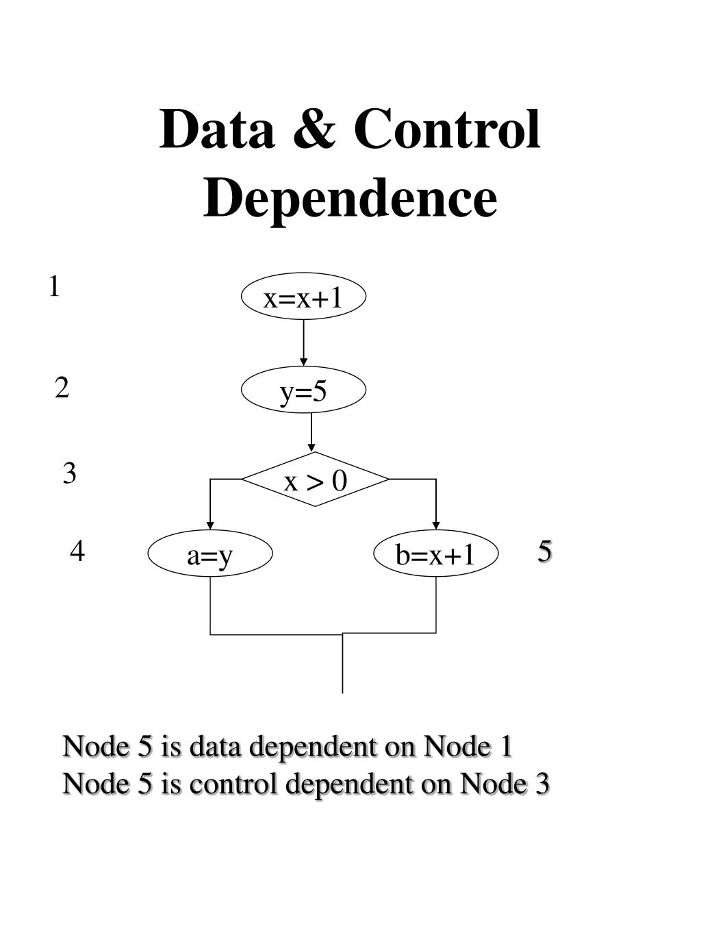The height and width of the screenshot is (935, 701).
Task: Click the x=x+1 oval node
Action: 304,297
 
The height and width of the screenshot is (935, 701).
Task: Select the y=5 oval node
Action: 304,390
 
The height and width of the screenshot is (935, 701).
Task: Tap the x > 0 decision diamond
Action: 315,479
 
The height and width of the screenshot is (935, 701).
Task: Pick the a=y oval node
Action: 210,554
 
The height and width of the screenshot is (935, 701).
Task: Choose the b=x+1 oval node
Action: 436,553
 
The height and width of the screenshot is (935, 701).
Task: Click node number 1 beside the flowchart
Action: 54,287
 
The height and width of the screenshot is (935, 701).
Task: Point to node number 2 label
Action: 62,388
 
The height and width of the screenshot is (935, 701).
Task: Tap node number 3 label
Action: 69,473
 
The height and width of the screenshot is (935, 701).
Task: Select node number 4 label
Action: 77,551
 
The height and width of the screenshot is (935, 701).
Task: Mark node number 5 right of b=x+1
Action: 545,550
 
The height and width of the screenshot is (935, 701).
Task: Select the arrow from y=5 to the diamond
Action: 311,432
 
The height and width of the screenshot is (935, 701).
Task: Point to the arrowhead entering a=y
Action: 210,525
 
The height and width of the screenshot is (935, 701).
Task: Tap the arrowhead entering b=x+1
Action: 436,525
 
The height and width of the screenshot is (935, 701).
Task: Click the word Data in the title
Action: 216,129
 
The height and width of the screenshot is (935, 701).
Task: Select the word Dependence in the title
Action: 350,198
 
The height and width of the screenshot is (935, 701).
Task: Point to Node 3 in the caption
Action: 505,784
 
